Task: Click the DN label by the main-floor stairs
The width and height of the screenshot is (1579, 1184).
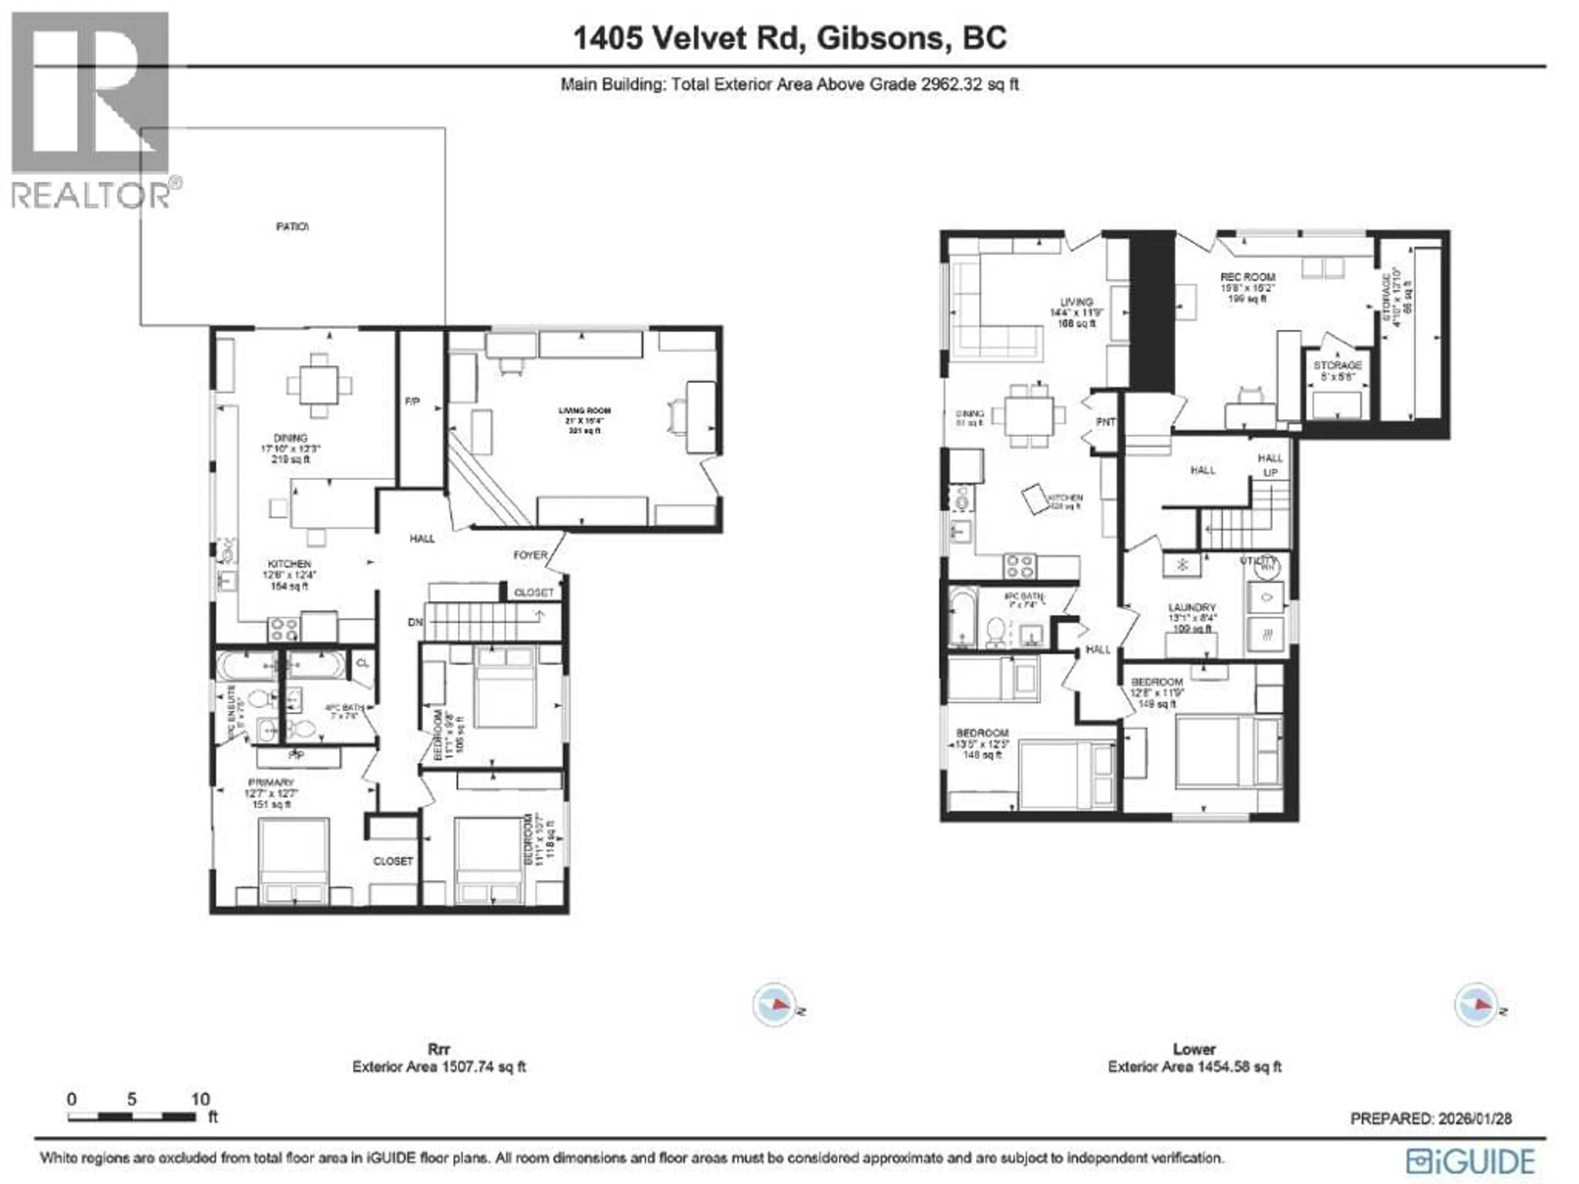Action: pos(415,622)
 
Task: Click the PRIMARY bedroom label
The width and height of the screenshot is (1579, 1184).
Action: pos(271,782)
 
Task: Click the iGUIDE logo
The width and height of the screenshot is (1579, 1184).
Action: pos(1470,1161)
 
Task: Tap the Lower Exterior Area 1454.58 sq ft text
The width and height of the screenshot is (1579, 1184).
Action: pos(1194,1066)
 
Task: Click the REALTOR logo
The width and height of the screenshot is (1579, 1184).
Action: pos(90,111)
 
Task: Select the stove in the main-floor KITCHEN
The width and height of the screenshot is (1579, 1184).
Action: pos(282,629)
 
